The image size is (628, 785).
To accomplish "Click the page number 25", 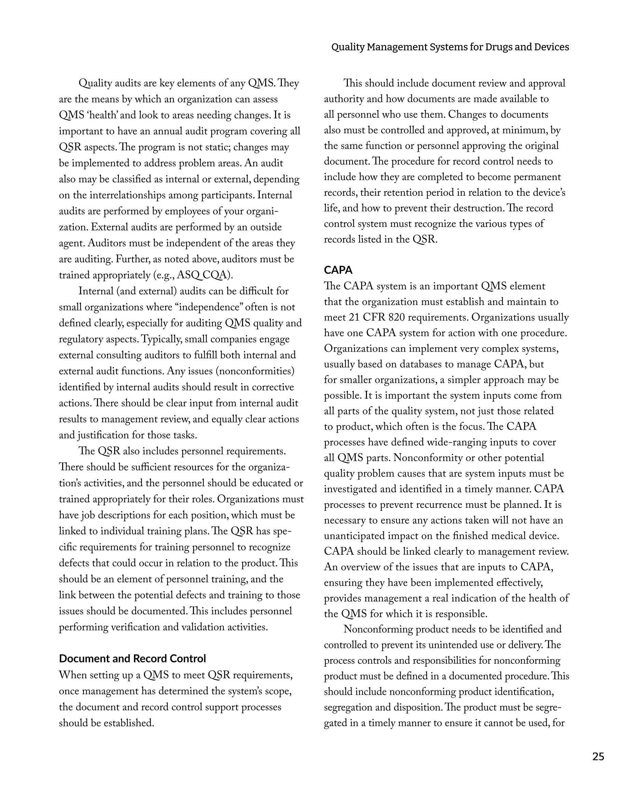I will pos(598,757).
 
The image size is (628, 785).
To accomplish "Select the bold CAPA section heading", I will pos(338,270).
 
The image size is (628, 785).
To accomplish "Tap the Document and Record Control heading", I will pos(132,658).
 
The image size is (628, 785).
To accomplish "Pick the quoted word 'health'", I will pos(104,115).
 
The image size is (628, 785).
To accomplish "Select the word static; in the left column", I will pos(208,147).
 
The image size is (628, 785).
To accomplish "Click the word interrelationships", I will pos(133,195).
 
